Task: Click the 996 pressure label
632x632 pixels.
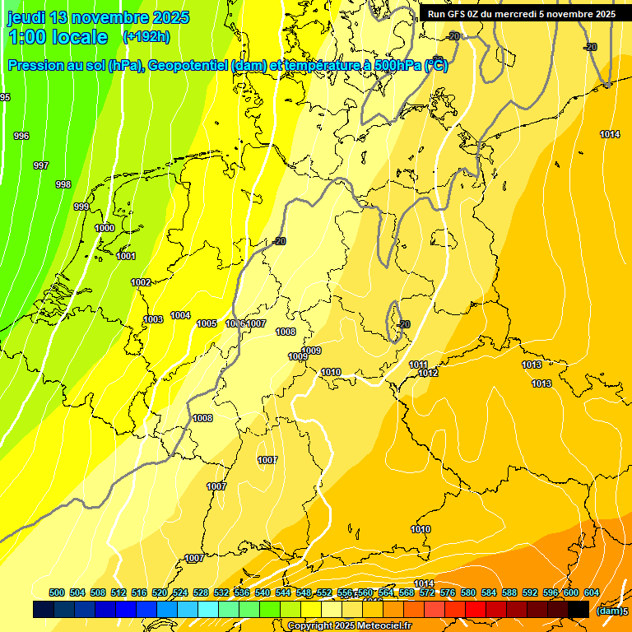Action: point(21,136)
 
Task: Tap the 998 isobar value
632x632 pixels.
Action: point(63,184)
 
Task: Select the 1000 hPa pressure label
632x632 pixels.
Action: point(105,228)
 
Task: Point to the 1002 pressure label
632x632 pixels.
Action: point(141,282)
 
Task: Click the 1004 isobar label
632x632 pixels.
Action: point(180,315)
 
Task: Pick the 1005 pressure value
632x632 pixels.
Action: point(207,323)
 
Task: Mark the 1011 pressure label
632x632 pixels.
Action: point(418,365)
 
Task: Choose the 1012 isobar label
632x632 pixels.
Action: point(428,373)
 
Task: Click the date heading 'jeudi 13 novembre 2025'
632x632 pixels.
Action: point(98,17)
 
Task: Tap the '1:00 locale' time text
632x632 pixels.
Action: point(58,37)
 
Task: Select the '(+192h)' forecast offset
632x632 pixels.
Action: point(146,37)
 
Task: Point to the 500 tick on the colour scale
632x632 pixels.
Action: point(57,592)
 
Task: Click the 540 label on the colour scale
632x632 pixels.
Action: point(263,592)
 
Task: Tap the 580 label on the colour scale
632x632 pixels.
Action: point(468,592)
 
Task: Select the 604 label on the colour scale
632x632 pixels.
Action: point(592,592)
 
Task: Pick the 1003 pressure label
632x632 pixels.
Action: point(153,319)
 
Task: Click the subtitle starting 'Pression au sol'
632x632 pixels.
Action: point(227,66)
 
